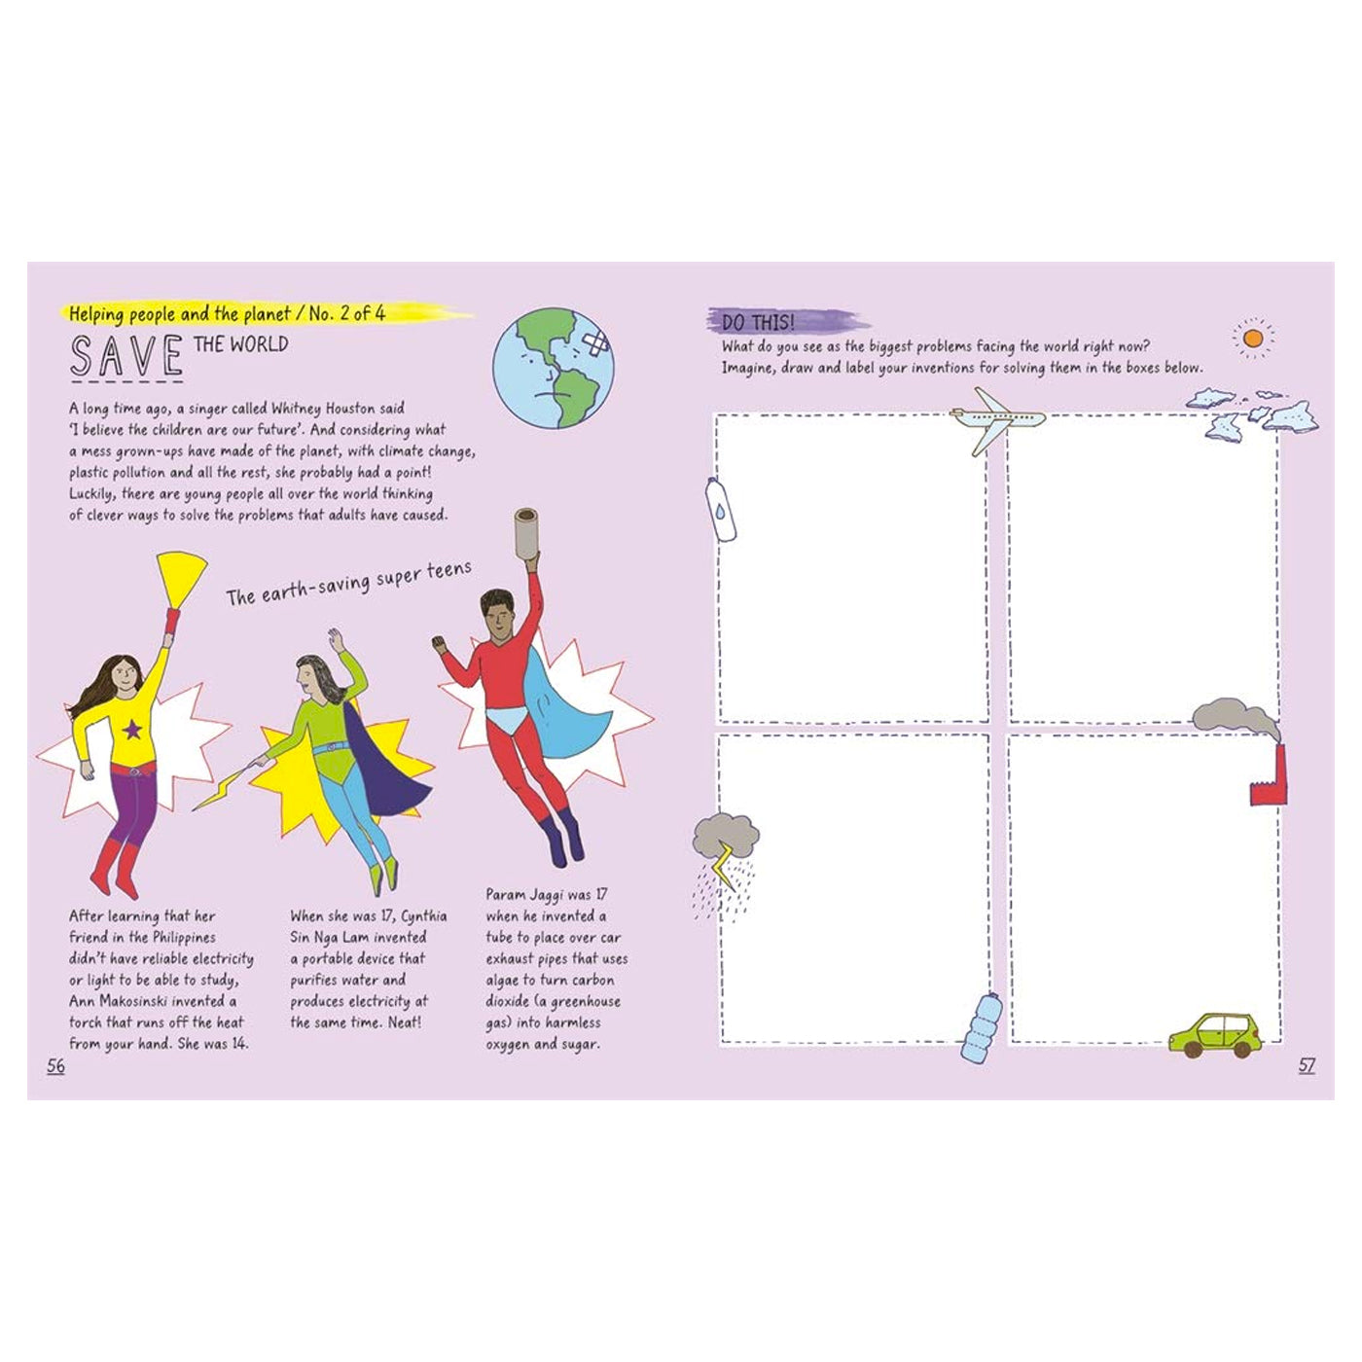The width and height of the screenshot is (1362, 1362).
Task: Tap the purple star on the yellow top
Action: [x=132, y=729]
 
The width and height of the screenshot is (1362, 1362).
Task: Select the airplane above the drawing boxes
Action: [x=996, y=419]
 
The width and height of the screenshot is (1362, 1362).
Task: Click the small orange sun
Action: [x=1252, y=339]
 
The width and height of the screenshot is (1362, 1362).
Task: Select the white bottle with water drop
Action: [x=721, y=508]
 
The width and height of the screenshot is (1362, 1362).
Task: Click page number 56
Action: [x=55, y=1066]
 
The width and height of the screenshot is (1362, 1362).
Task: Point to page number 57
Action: [x=1307, y=1066]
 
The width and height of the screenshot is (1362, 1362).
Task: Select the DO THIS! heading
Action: [x=758, y=323]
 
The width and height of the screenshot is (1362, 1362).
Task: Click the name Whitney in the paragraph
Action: [x=299, y=409]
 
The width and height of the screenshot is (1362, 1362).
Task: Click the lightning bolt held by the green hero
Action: [x=224, y=783]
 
